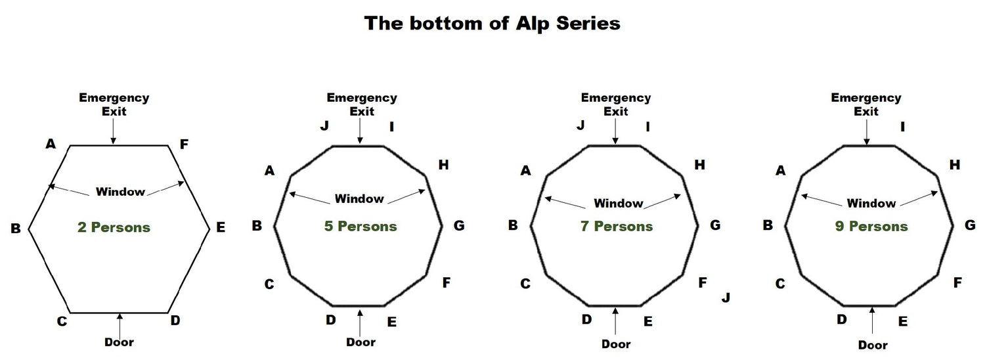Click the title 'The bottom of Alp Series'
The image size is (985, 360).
(492, 24)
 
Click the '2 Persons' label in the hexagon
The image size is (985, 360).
(114, 228)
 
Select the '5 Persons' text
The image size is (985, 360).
(361, 227)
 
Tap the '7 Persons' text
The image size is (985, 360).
(616, 227)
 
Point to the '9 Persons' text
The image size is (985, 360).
(871, 227)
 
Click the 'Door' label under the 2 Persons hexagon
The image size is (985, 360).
(119, 342)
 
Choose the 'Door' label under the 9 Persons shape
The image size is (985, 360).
(873, 345)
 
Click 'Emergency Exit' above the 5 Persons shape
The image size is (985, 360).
(362, 104)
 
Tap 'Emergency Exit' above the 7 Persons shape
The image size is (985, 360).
(616, 104)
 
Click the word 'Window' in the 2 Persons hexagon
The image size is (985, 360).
(120, 192)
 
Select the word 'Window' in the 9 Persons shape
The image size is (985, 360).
(871, 203)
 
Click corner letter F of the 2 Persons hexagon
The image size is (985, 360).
(185, 144)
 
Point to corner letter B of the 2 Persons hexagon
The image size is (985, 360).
(16, 229)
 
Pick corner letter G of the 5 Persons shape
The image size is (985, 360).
(459, 226)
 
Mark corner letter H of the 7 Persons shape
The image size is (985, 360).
(699, 166)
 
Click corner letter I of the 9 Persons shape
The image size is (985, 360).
(903, 127)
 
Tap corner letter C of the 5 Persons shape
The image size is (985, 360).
(269, 284)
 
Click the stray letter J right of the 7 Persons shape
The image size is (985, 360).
(726, 298)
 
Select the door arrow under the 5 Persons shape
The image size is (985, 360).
(361, 321)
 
